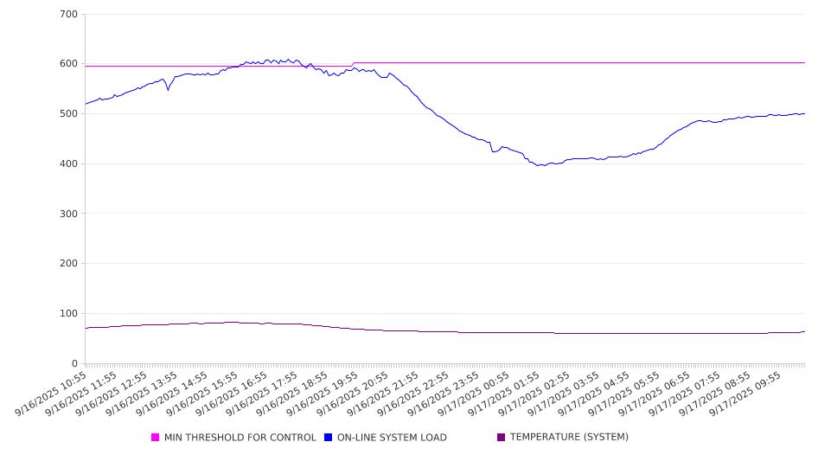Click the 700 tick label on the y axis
(x=69, y=15)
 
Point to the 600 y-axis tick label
(x=69, y=64)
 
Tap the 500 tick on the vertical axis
(x=69, y=114)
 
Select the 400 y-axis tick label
(x=69, y=164)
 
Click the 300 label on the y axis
(x=69, y=214)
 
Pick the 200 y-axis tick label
(x=69, y=264)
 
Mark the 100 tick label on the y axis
(x=69, y=314)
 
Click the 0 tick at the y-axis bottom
(x=75, y=364)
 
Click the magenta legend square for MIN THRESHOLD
(x=156, y=438)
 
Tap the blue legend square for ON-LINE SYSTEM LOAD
(x=329, y=438)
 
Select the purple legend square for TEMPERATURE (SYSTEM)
(x=502, y=438)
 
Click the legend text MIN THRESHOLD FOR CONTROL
(x=240, y=438)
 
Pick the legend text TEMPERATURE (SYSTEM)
(x=569, y=438)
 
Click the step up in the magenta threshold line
(x=353, y=64)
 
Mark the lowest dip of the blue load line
(x=541, y=165)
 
